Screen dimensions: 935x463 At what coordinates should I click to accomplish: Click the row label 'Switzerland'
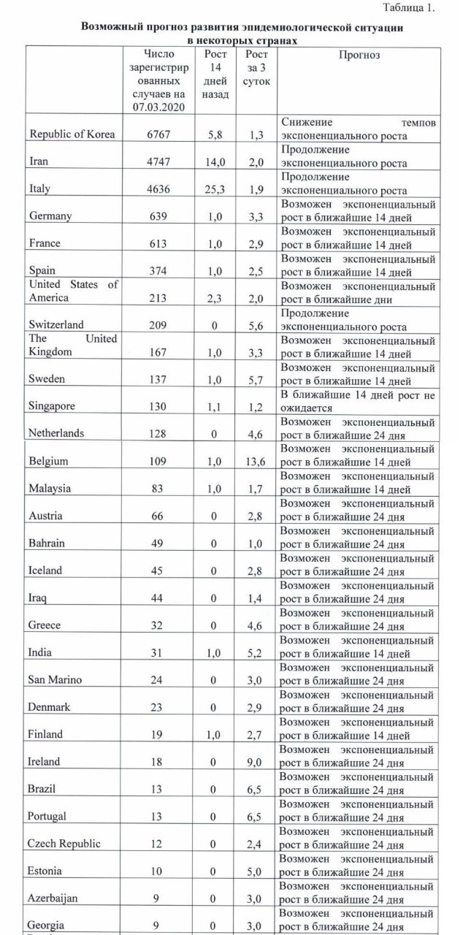55,325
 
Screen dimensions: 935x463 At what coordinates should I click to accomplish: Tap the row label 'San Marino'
55,679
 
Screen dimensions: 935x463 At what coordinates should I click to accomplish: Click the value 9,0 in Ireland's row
256,761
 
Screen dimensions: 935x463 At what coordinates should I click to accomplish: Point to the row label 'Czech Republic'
64,844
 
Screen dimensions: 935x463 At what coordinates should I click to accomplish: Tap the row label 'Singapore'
53,407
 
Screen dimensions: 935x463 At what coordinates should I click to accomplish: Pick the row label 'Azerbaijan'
53,898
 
